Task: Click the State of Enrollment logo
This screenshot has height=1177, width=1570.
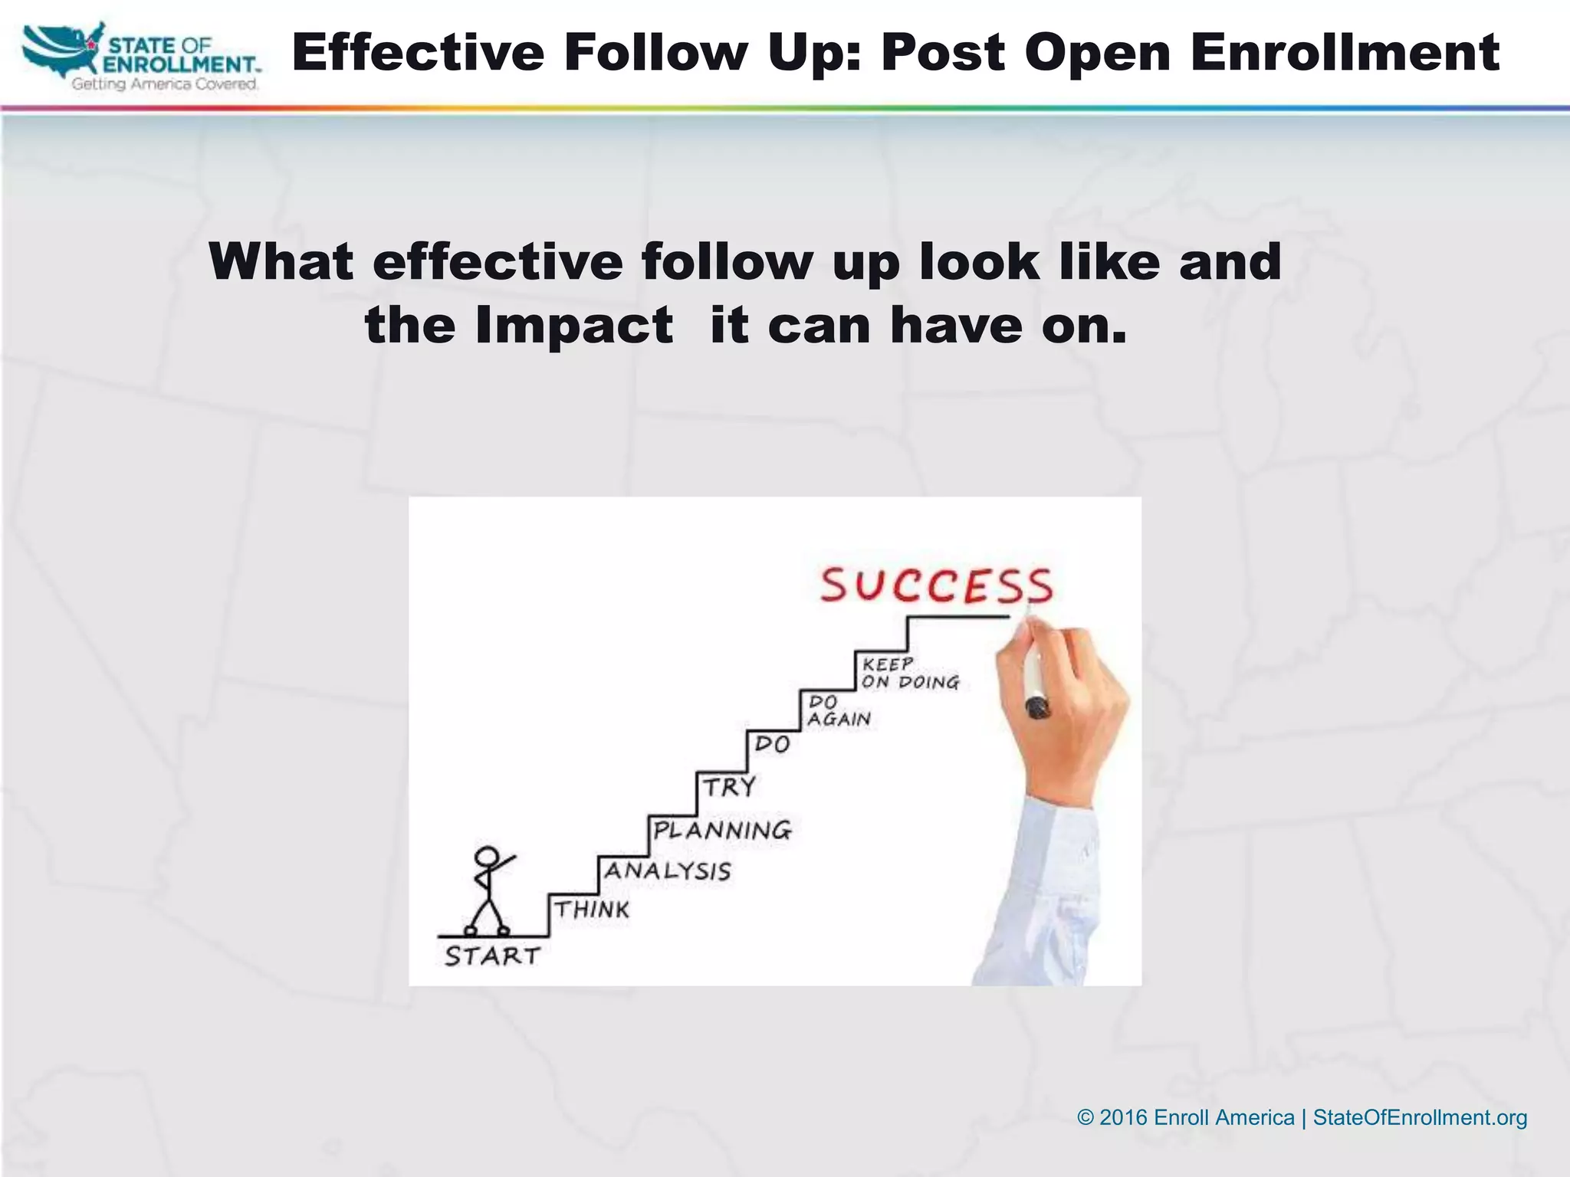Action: pos(142,57)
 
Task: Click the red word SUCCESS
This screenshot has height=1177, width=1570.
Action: pos(937,586)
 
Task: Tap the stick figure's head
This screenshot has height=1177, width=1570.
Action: pos(486,857)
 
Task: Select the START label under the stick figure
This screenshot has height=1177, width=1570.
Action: pos(493,956)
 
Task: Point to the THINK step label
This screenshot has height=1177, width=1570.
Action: pos(592,910)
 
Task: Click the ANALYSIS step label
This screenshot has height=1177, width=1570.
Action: pos(668,871)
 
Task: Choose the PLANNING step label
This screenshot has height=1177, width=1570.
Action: pos(722,830)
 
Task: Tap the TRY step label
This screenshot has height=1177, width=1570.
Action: pos(730,787)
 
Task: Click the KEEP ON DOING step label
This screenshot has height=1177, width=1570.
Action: pos(909,674)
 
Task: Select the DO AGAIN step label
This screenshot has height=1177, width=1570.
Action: pos(839,711)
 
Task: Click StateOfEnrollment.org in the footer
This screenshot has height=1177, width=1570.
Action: pos(1420,1117)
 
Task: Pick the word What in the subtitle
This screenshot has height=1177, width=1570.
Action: pos(281,261)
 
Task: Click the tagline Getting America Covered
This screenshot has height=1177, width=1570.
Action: pos(165,84)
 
